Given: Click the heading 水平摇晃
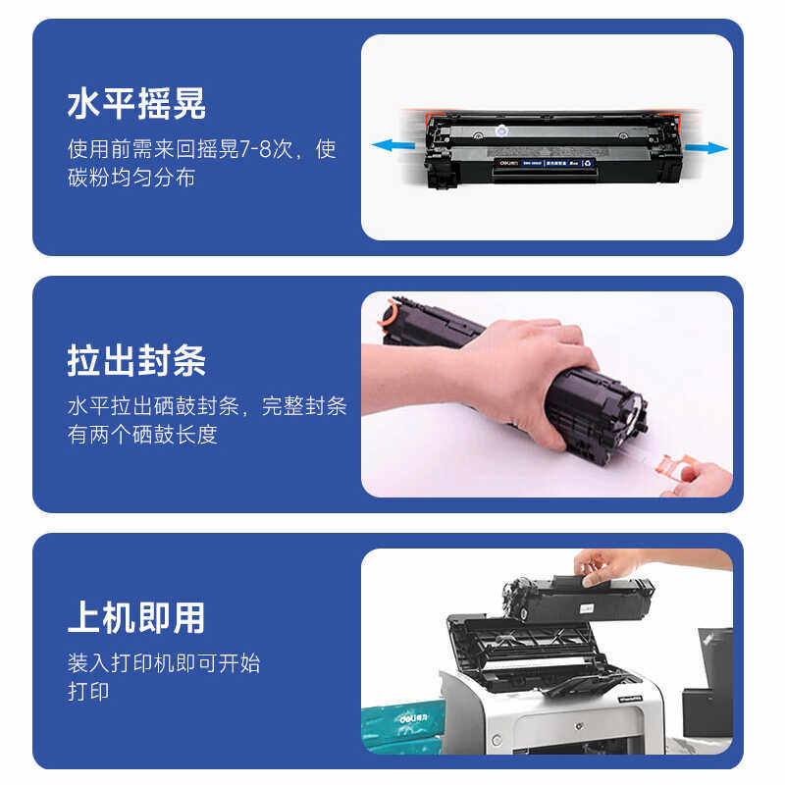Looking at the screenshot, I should (136, 105).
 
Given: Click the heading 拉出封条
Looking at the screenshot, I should (136, 361).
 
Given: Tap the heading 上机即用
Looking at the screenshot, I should (136, 617).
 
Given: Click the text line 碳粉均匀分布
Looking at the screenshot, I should (131, 178).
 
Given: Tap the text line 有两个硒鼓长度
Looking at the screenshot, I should (143, 435).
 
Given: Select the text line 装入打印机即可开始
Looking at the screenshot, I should (164, 662).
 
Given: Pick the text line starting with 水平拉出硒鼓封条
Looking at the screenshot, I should (207, 406).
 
